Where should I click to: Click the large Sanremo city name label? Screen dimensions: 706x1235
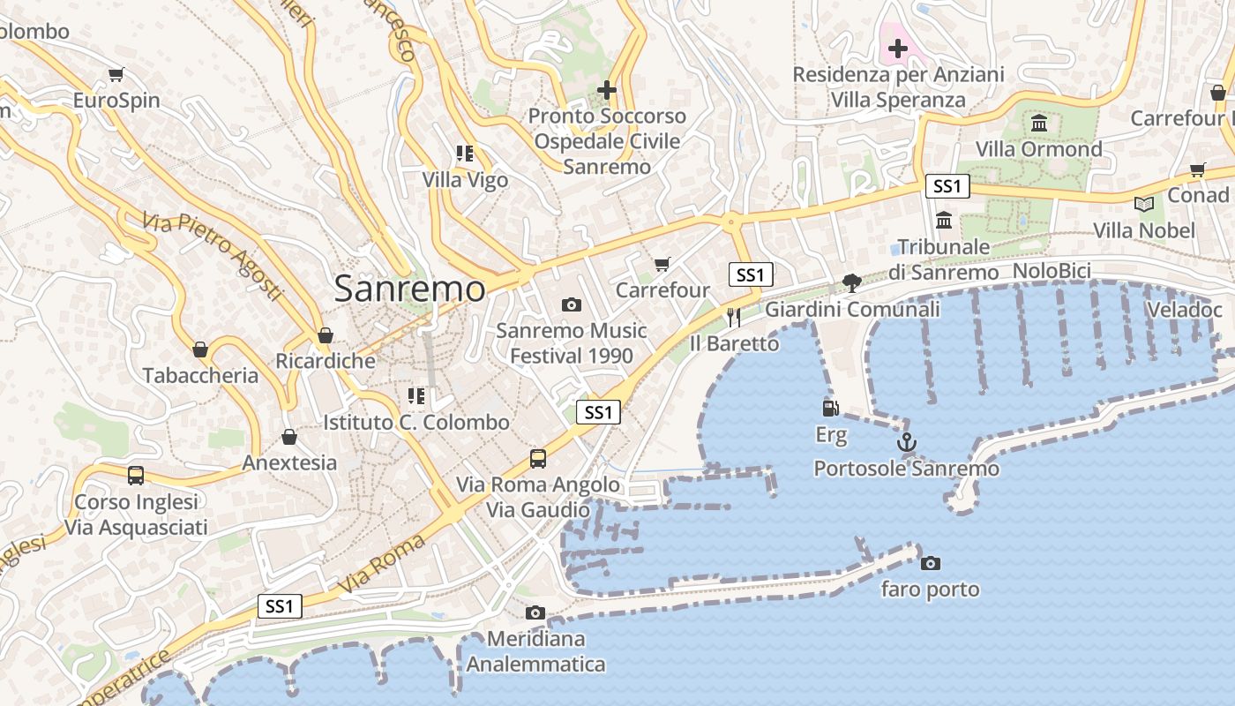(409, 289)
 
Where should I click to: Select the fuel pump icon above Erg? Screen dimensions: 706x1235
(830, 408)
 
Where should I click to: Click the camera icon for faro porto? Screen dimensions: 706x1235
(930, 563)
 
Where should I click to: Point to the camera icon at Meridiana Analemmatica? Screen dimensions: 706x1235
(535, 612)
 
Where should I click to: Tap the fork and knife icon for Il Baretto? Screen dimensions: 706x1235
(734, 317)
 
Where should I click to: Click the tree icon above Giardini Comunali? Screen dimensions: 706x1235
(851, 283)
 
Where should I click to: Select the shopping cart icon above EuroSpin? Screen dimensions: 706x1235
(116, 74)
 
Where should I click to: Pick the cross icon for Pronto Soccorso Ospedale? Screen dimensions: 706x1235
(607, 89)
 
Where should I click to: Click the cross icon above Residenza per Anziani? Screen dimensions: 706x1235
(898, 49)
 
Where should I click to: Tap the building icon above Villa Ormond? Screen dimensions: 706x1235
(1039, 123)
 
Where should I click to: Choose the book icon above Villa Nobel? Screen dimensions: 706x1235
(1144, 204)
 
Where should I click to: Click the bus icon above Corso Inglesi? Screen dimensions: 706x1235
(136, 476)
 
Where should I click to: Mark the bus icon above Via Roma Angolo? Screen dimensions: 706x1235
(537, 459)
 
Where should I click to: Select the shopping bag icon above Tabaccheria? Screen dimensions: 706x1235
(200, 349)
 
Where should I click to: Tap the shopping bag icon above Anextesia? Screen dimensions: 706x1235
(288, 437)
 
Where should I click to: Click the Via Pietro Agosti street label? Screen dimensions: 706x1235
(213, 256)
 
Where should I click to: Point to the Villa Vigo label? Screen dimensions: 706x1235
(465, 180)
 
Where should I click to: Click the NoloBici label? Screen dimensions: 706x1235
(1052, 271)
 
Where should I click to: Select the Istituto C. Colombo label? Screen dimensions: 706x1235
(416, 422)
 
